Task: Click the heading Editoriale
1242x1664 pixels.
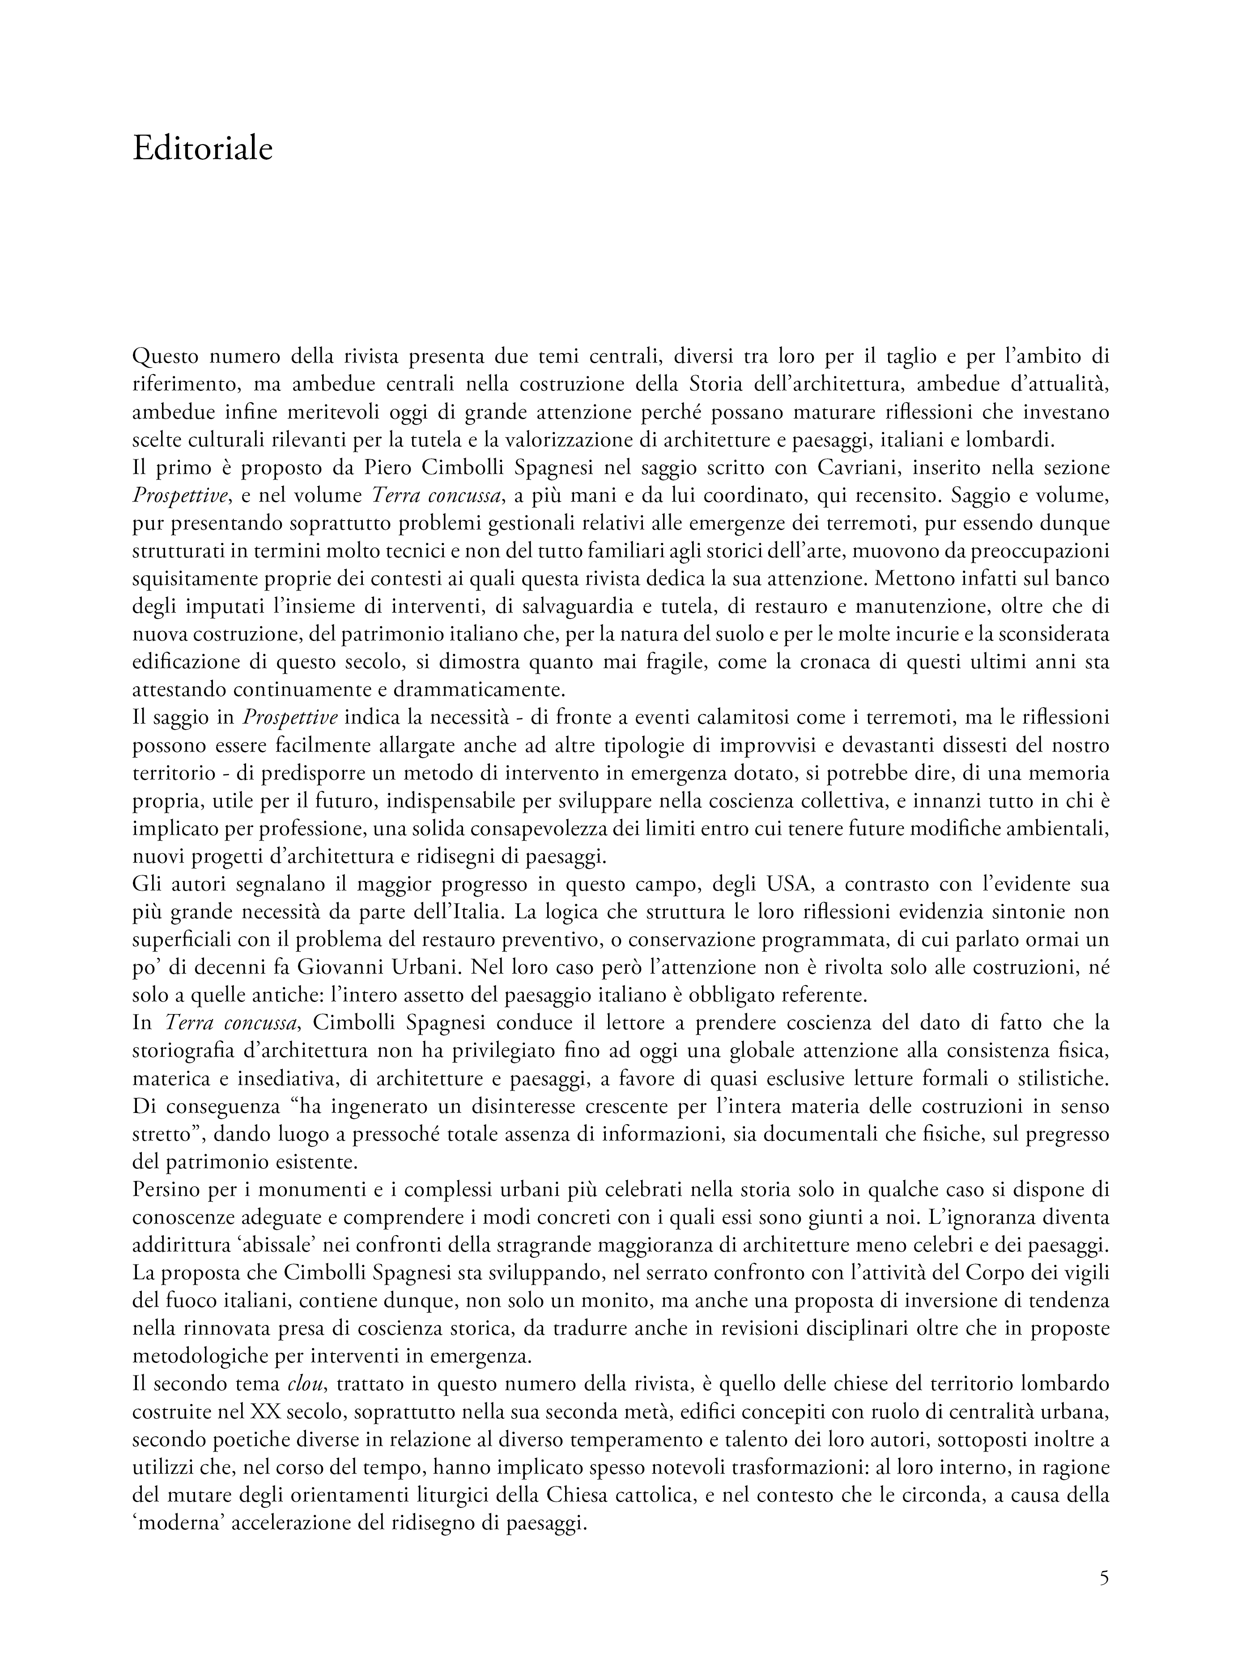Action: click(202, 149)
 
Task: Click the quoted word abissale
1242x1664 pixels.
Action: click(280, 1246)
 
